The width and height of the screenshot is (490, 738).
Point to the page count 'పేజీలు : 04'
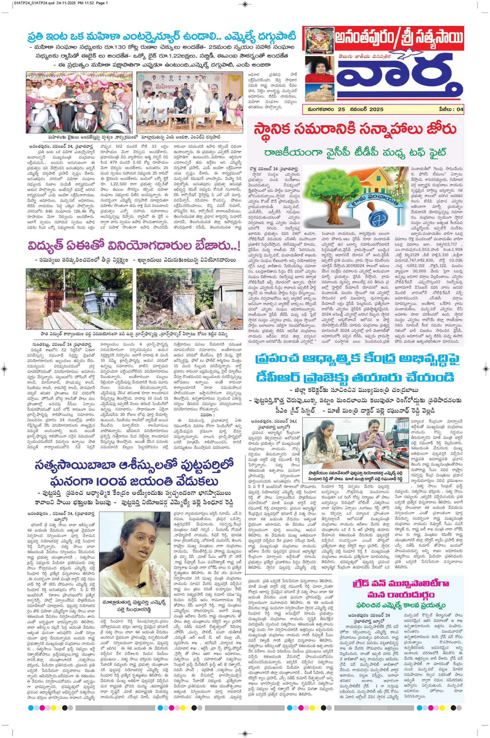451,110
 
